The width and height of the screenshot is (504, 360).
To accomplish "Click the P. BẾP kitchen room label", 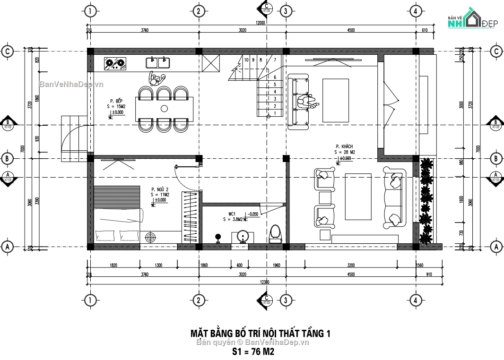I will (116, 101).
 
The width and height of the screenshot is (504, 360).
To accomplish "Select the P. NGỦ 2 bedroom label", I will (160, 189).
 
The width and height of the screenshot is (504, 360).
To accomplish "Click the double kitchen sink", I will (157, 62).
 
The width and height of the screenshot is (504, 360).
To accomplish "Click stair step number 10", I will (246, 60).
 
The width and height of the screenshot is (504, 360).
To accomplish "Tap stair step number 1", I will (275, 113).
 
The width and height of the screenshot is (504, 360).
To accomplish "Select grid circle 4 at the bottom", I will (415, 300).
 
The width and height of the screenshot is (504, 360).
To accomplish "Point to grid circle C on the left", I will (7, 51).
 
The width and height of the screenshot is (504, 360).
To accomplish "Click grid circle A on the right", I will (496, 246).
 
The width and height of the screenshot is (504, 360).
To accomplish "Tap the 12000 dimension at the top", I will (260, 22).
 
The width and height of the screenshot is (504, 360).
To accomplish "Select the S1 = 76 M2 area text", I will (253, 351).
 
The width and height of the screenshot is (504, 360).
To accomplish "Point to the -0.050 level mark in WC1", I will (253, 214).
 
